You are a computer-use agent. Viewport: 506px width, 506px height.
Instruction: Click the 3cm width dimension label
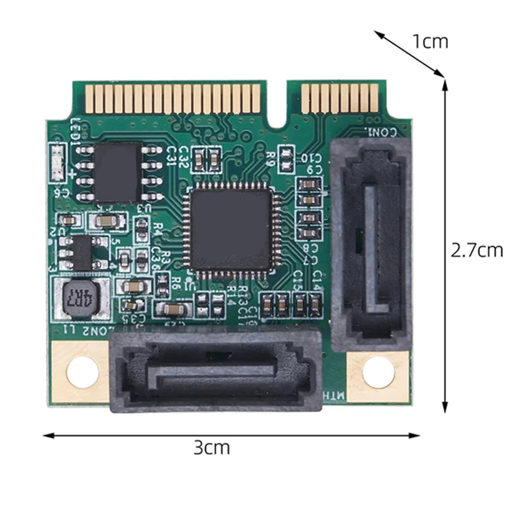[211, 448]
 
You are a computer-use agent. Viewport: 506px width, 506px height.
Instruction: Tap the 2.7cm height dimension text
[476, 250]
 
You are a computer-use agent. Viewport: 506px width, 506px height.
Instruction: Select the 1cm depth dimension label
[430, 42]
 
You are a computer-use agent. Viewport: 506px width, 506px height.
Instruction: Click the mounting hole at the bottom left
[82, 373]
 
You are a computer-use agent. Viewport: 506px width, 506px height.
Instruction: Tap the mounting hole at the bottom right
[378, 372]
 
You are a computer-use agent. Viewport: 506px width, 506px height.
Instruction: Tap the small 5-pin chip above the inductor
[80, 253]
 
